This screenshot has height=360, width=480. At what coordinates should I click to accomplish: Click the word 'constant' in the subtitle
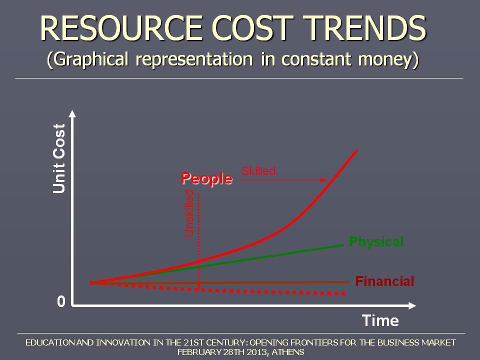pyautogui.click(x=316, y=58)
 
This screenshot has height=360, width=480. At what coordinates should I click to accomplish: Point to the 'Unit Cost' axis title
pyautogui.click(x=59, y=158)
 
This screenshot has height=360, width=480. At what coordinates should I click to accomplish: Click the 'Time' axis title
pyautogui.click(x=380, y=320)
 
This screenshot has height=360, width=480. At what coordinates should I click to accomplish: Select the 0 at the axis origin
pyautogui.click(x=61, y=301)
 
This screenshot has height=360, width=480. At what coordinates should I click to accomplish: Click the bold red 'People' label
pyautogui.click(x=206, y=178)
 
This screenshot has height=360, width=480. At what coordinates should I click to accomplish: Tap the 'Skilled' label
pyautogui.click(x=258, y=171)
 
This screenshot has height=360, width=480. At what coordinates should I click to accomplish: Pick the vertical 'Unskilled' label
pyautogui.click(x=189, y=213)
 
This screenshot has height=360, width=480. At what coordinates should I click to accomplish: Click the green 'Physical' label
pyautogui.click(x=376, y=242)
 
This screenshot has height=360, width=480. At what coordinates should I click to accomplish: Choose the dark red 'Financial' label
pyautogui.click(x=384, y=281)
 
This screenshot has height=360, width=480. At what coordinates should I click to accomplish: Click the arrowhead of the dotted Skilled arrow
pyautogui.click(x=323, y=180)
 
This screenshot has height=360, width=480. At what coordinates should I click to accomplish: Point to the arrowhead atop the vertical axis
pyautogui.click(x=72, y=113)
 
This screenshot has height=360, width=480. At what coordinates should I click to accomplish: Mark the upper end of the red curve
pyautogui.click(x=356, y=150)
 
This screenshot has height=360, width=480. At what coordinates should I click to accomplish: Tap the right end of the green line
pyautogui.click(x=343, y=245)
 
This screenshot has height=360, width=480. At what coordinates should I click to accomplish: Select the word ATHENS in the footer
pyautogui.click(x=288, y=352)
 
